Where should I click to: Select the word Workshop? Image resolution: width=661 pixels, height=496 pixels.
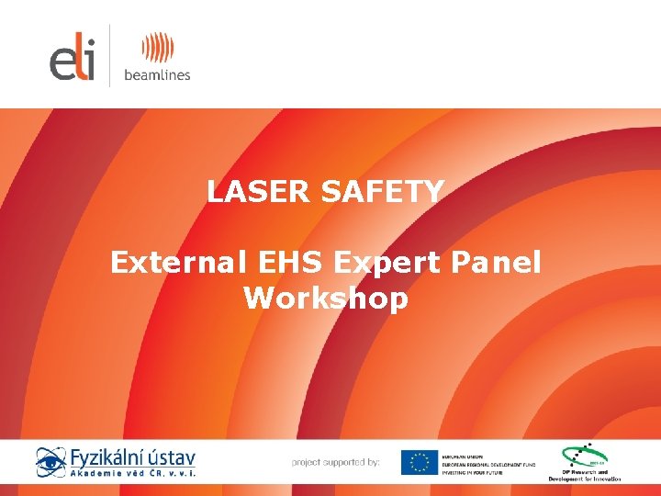click(326, 299)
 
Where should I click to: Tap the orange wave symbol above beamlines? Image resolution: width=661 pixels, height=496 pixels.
click(156, 47)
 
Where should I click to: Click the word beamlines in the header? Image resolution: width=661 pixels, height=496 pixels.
click(156, 74)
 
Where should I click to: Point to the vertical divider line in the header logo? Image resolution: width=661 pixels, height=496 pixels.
click(109, 55)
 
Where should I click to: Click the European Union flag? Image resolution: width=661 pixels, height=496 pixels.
click(419, 462)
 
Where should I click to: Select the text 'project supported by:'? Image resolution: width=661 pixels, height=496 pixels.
click(335, 462)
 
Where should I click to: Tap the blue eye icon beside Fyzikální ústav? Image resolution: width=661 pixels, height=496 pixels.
click(50, 462)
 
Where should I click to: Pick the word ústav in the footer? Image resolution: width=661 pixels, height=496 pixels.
click(172, 457)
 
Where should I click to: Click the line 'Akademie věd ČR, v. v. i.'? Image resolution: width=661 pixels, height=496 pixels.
click(133, 474)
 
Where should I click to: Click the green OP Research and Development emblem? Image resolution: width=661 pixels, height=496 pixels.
click(584, 457)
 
